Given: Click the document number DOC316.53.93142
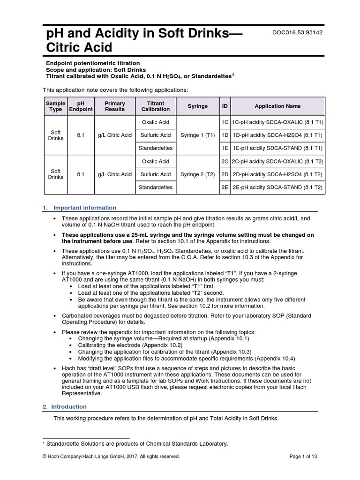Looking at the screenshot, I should point(297,32).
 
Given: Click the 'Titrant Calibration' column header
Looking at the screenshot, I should point(156,106).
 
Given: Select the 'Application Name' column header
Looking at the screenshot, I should point(277,106).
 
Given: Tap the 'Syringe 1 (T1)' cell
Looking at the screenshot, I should point(198,135).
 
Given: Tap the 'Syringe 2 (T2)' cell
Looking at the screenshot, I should point(198,174).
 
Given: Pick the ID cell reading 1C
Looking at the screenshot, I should point(225,122).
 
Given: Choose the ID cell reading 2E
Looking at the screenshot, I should point(225,187).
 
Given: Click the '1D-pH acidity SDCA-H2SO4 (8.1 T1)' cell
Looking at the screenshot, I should point(277,135).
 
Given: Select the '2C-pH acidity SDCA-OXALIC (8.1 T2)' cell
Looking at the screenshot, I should point(277,162).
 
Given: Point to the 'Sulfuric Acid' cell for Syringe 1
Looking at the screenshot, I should point(156,135).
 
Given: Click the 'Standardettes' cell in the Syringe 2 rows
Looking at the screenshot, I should point(156,187).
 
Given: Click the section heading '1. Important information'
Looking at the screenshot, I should point(85,208).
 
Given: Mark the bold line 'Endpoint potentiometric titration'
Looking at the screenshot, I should point(92,63).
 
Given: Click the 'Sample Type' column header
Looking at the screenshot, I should point(55,106).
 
